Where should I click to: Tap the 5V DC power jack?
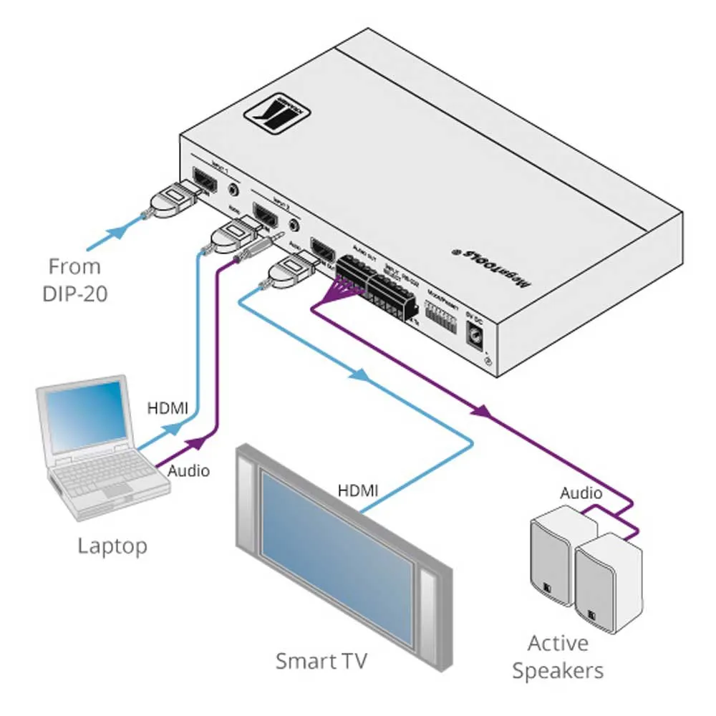pyautogui.click(x=475, y=334)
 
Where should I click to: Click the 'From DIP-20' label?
pyautogui.click(x=75, y=280)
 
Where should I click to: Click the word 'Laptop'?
pyautogui.click(x=112, y=546)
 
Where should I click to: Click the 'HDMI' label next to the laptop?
pyautogui.click(x=168, y=409)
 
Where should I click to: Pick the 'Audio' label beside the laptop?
pyautogui.click(x=188, y=470)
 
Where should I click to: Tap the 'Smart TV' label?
pyautogui.click(x=321, y=660)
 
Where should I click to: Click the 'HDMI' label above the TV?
pyautogui.click(x=358, y=491)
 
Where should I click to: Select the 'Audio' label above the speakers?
pyautogui.click(x=581, y=493)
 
